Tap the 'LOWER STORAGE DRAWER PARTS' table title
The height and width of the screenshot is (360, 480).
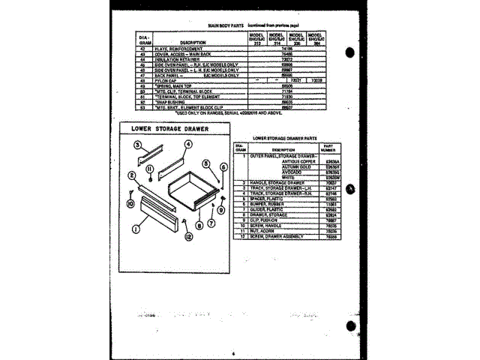pyautogui.click(x=286, y=139)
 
